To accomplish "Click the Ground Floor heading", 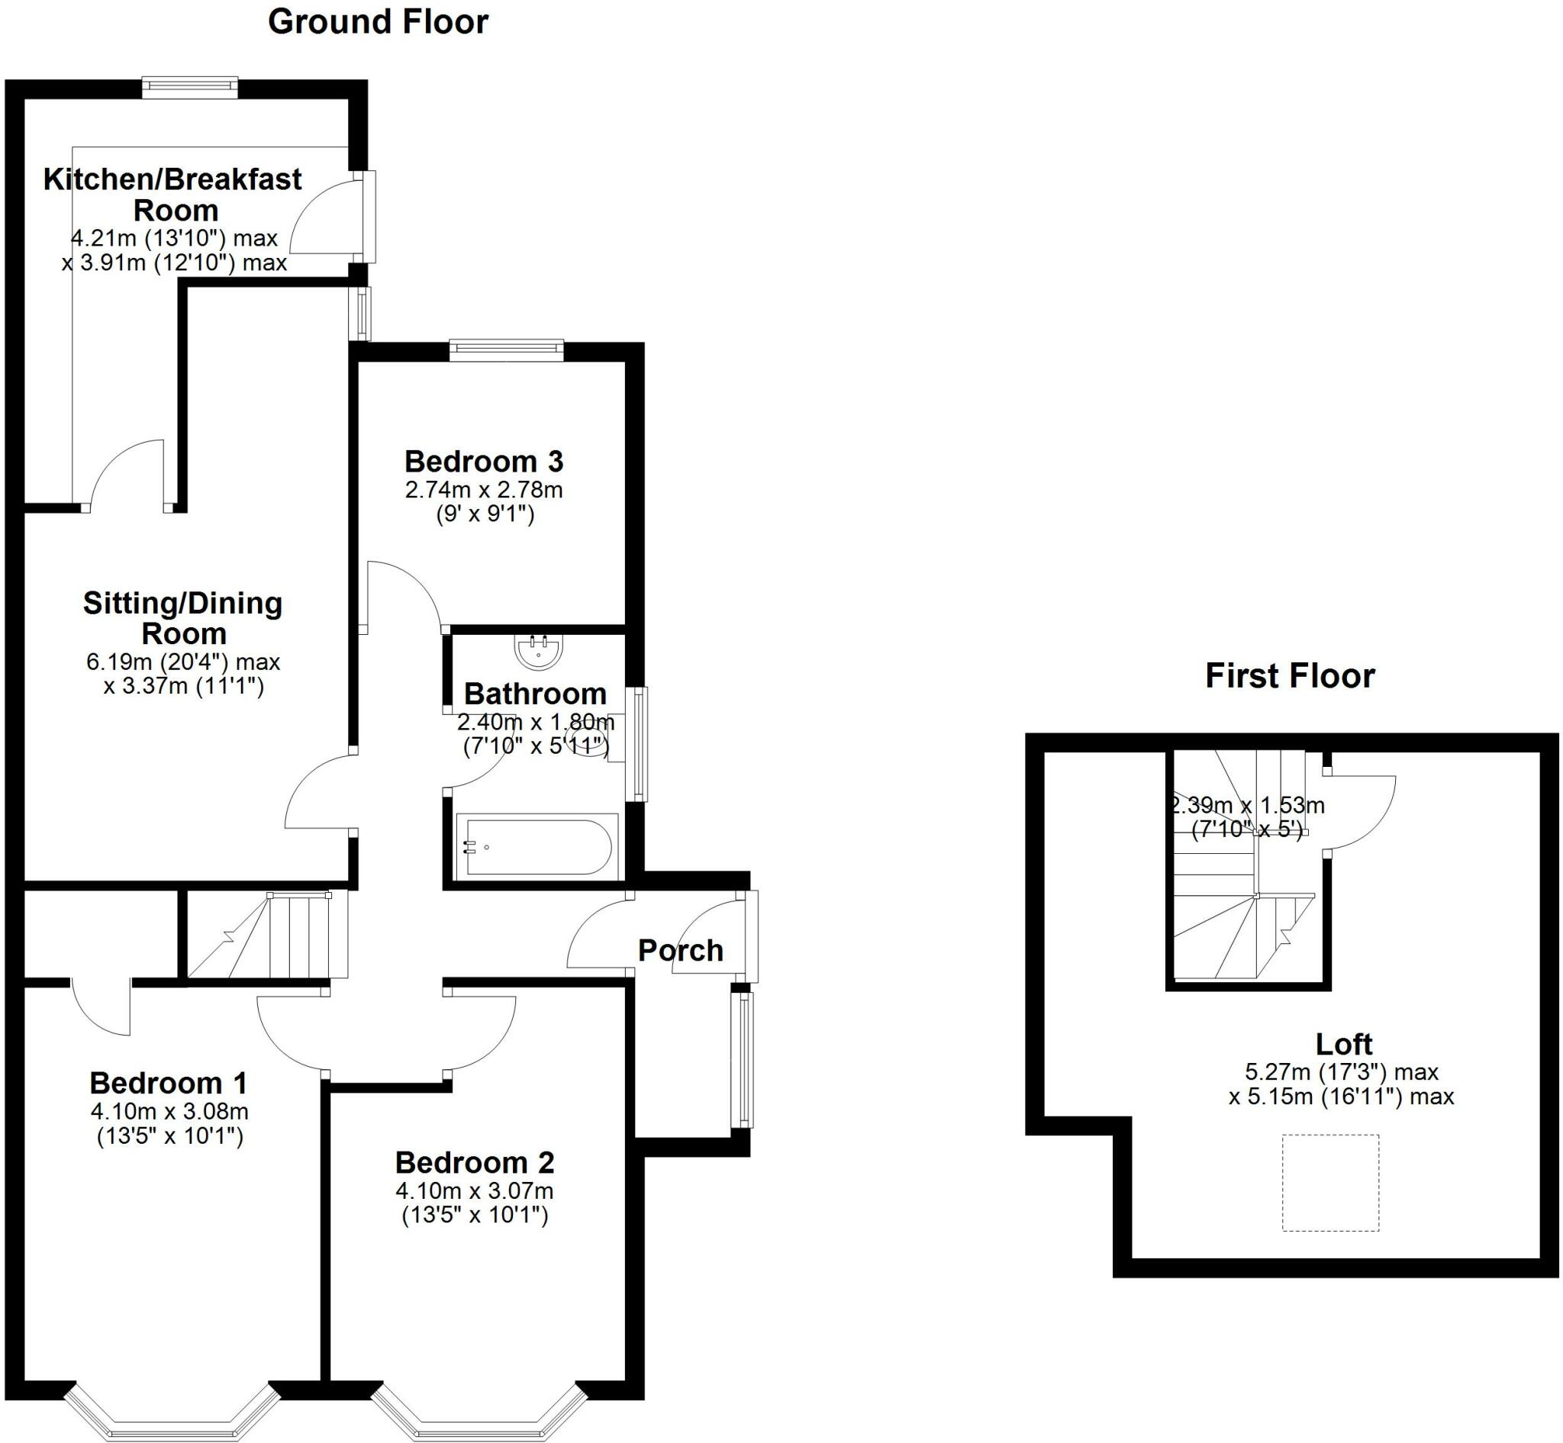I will pos(378,22).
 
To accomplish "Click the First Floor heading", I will pos(1290,676).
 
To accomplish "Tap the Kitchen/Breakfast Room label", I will pos(172,195).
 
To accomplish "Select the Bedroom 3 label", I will pos(484,462).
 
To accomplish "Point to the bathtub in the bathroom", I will pos(537,847).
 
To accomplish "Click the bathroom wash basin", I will pos(539,652).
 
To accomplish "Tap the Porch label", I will pos(680,950).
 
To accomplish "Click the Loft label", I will pos(1343,1044).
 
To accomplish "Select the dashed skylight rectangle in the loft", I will pos(1330,1182).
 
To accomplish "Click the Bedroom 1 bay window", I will pos(172,1412).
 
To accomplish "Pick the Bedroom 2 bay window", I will pos(478,1412).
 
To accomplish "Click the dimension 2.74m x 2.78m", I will pos(484,491).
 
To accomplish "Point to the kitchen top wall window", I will pos(190,88).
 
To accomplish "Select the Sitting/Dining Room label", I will pos(182,617).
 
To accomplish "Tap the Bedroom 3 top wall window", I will pos(506,349).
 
